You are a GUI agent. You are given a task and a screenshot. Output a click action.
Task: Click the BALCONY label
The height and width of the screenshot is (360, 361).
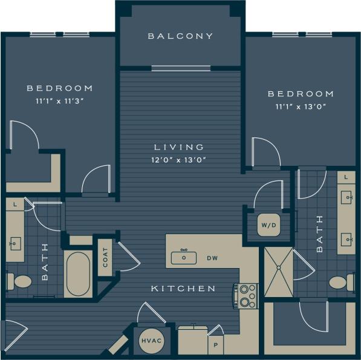(x=181, y=36)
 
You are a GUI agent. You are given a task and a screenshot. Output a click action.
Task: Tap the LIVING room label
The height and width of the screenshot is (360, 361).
(x=178, y=147)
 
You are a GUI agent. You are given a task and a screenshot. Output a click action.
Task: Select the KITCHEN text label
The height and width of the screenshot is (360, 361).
(x=183, y=289)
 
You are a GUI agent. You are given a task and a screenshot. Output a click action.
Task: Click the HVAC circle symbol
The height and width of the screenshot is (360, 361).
(x=151, y=341)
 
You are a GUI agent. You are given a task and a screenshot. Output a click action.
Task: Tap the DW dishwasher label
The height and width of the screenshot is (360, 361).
(x=212, y=258)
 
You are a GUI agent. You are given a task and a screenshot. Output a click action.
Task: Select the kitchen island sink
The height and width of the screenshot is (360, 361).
(x=184, y=258)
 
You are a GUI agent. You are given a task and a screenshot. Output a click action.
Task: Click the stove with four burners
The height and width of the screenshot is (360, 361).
(x=246, y=296)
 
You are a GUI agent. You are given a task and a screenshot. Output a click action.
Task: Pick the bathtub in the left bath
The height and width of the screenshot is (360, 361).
(x=79, y=274)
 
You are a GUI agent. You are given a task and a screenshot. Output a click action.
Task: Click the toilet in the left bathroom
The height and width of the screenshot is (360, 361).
(x=20, y=281)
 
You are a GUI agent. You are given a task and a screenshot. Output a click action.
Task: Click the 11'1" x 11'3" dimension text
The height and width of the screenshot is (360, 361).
(x=59, y=101)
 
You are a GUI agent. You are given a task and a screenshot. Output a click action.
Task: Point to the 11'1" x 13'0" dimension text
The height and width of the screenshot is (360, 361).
(x=301, y=106)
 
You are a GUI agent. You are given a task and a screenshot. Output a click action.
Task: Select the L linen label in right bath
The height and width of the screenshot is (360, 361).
(x=346, y=177)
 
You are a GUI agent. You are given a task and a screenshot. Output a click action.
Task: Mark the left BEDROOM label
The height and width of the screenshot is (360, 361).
(x=59, y=88)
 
